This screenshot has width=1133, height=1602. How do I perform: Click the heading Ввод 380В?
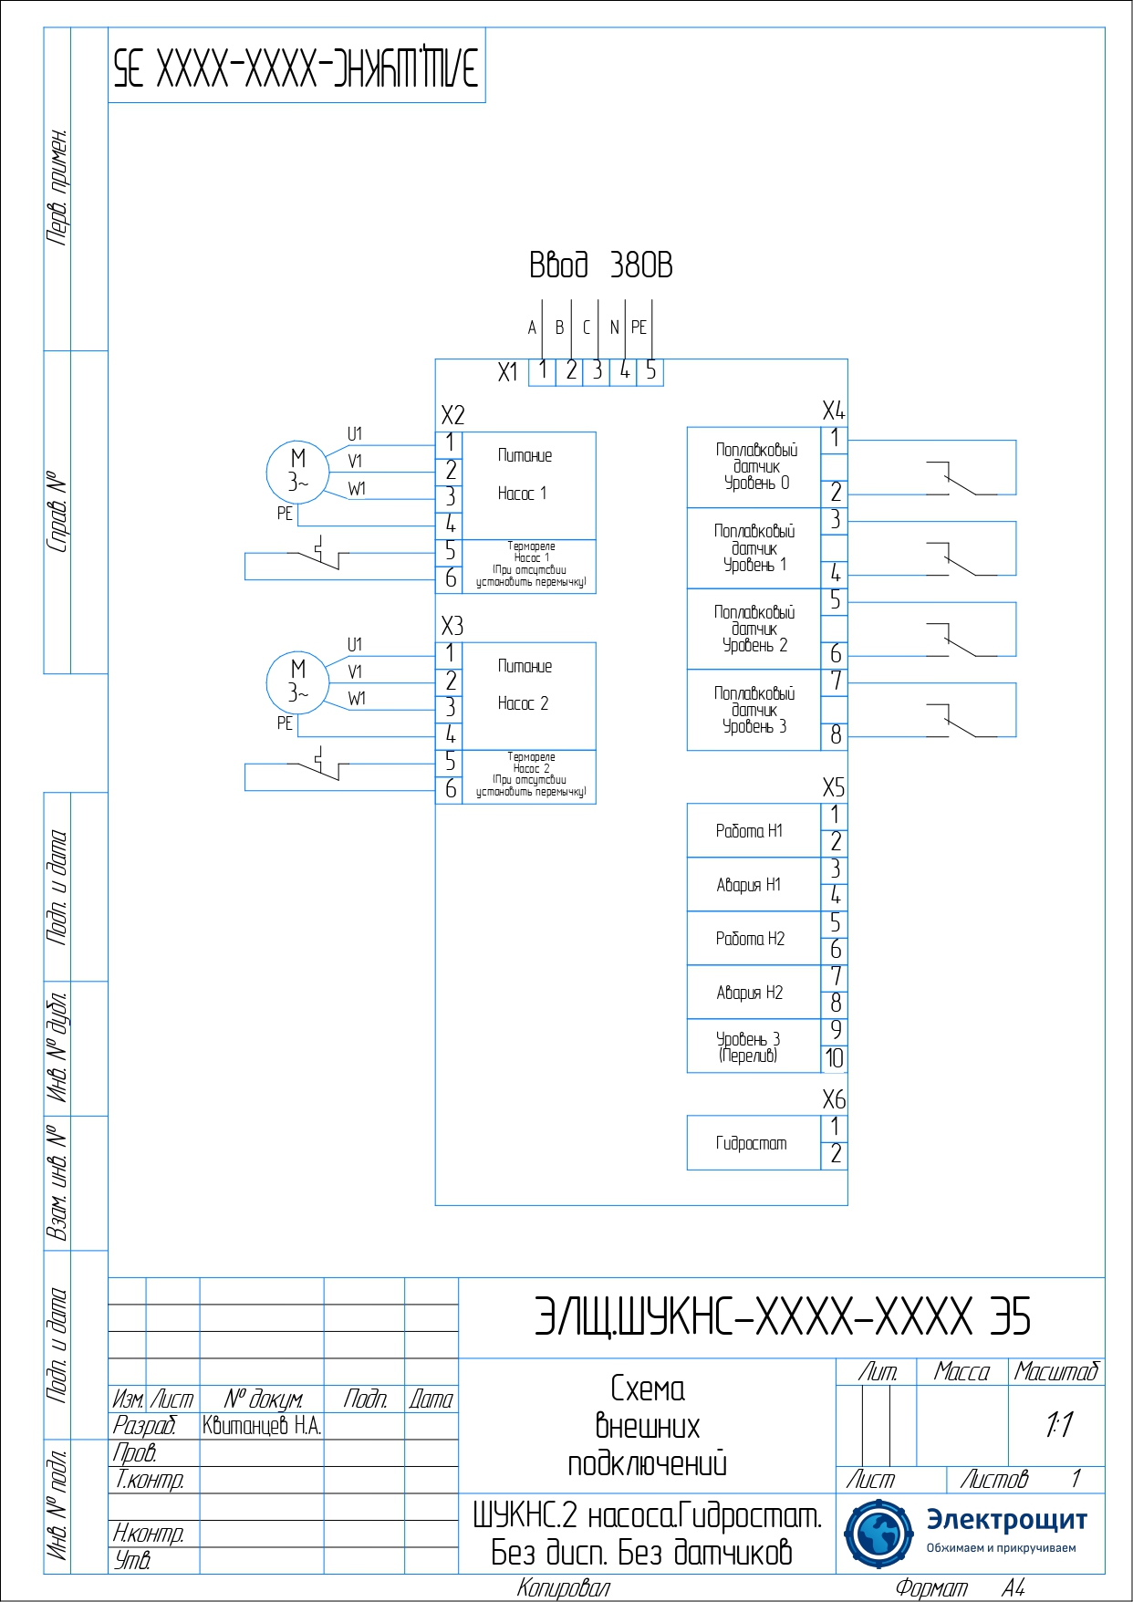pyautogui.click(x=600, y=265)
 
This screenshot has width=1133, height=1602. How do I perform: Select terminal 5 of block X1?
pyautogui.click(x=650, y=370)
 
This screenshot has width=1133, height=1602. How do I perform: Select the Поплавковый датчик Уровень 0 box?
pyautogui.click(x=754, y=466)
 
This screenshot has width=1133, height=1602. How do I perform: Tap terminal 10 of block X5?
pyautogui.click(x=835, y=1058)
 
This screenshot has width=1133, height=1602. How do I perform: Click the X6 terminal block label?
pyautogui.click(x=834, y=1099)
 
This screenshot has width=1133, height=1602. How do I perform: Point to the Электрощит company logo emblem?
pyautogui.click(x=878, y=1533)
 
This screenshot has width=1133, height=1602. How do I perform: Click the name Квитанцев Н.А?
pyautogui.click(x=262, y=1426)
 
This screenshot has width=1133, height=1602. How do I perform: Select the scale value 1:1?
pyautogui.click(x=1058, y=1424)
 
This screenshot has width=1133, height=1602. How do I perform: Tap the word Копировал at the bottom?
pyautogui.click(x=563, y=1588)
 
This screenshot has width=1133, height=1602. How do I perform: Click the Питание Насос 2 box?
pyautogui.click(x=529, y=695)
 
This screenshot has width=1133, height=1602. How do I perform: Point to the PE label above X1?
pyautogui.click(x=639, y=327)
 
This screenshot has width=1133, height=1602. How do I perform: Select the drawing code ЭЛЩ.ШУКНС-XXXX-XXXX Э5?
pyautogui.click(x=782, y=1317)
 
